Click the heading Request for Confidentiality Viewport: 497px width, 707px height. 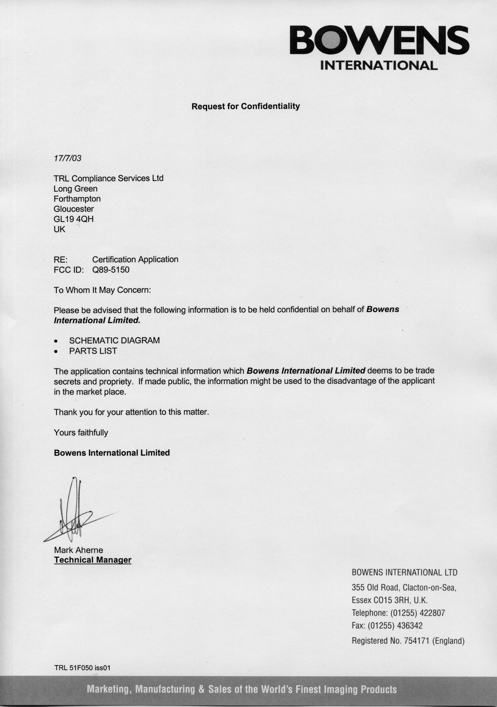tap(245, 106)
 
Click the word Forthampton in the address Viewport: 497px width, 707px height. tap(77, 199)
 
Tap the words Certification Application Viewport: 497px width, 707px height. tap(135, 259)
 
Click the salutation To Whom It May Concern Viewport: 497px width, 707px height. tap(102, 290)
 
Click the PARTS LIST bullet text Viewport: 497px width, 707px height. tap(93, 351)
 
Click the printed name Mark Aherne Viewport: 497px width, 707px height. tap(79, 550)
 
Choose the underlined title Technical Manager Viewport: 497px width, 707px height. tap(93, 560)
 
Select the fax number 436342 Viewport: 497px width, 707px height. tap(410, 625)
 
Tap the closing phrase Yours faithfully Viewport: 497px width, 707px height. tap(81, 433)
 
